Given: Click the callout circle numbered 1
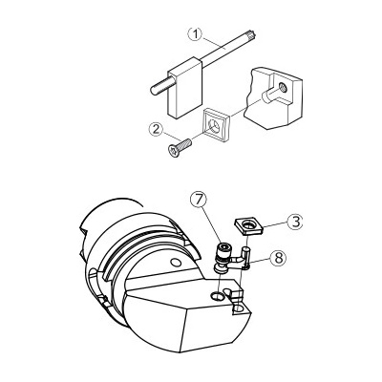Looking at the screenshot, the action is pos(196,34).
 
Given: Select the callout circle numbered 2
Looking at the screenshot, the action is pos(157,130).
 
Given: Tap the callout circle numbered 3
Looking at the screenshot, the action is pos(295,222).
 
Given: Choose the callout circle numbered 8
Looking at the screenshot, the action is pos(278,258).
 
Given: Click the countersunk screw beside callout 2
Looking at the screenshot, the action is pos(179,148).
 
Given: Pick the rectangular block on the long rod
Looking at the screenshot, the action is pos(184,88).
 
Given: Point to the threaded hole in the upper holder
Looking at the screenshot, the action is pos(283,86).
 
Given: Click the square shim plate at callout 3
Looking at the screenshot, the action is pos(248,226).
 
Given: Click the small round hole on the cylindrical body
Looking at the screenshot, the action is pos(174,263).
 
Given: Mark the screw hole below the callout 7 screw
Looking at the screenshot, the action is pos(217,296).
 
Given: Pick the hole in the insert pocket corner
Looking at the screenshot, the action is pos(239,308).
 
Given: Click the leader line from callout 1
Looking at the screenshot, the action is pos(214,43).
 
